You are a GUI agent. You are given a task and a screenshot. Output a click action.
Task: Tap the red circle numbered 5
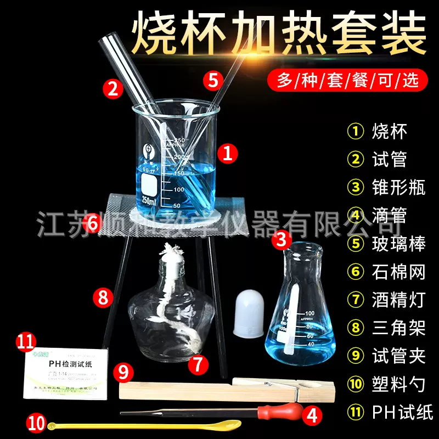212,80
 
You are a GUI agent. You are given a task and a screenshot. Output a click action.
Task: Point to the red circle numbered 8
102,297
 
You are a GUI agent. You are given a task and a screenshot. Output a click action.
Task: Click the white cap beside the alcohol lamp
250,313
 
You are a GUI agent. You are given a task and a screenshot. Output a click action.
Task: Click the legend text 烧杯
390,131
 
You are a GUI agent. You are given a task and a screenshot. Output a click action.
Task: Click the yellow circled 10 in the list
356,384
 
